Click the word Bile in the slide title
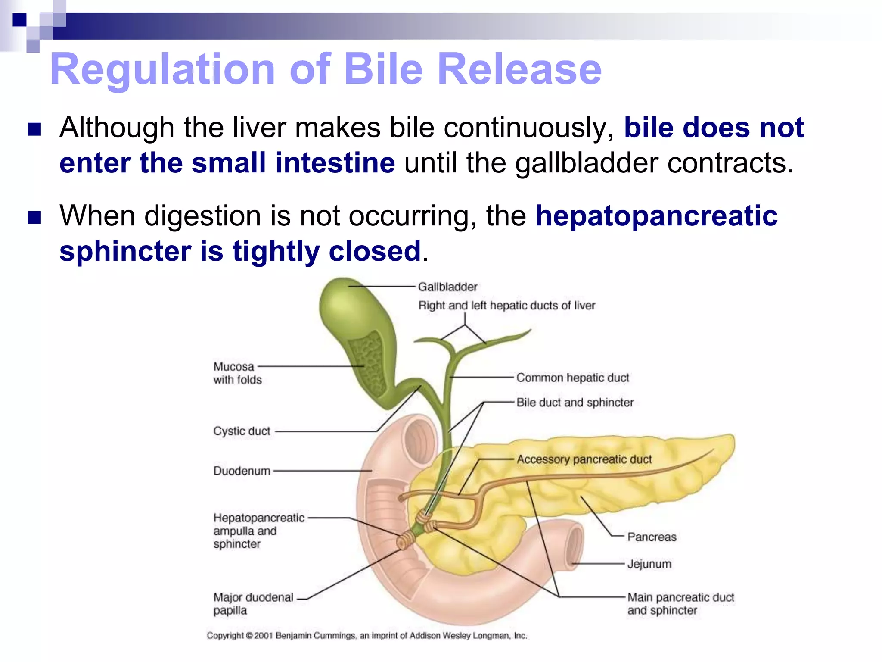point(383,69)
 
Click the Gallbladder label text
point(447,287)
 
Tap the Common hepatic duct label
point(572,378)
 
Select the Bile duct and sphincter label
point(575,403)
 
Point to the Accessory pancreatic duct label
point(584,459)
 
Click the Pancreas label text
point(652,537)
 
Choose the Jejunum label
point(649,564)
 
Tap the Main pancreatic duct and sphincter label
point(680,604)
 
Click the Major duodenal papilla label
point(253,604)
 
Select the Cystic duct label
point(242,431)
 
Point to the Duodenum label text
point(242,471)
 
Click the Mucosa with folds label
point(237,373)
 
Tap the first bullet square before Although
point(34,129)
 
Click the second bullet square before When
point(34,217)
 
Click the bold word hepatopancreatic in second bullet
point(656,215)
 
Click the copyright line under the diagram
point(366,636)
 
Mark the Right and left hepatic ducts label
point(506,306)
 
